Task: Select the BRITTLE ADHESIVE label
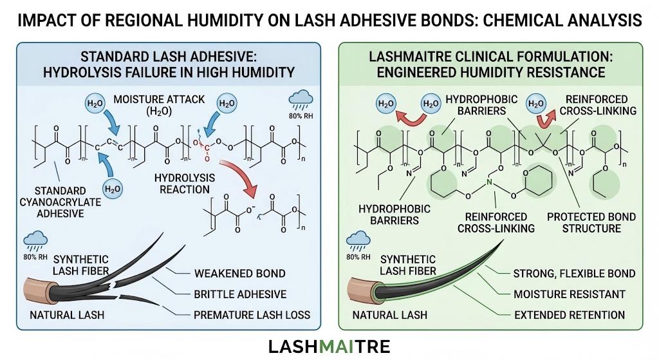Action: [x=240, y=294]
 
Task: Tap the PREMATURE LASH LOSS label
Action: [x=252, y=315]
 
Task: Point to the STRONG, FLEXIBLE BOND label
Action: [x=574, y=273]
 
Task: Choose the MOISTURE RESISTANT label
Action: [x=570, y=294]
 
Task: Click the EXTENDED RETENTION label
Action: [x=569, y=315]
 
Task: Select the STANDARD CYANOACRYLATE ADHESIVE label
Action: [x=60, y=202]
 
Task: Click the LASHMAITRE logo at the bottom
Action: [x=329, y=347]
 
